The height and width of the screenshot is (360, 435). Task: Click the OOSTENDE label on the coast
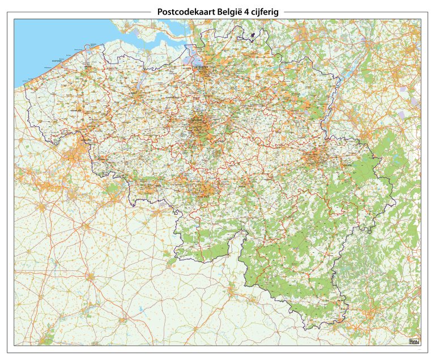point(56,60)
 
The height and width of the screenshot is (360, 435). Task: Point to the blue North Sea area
point(45,40)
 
